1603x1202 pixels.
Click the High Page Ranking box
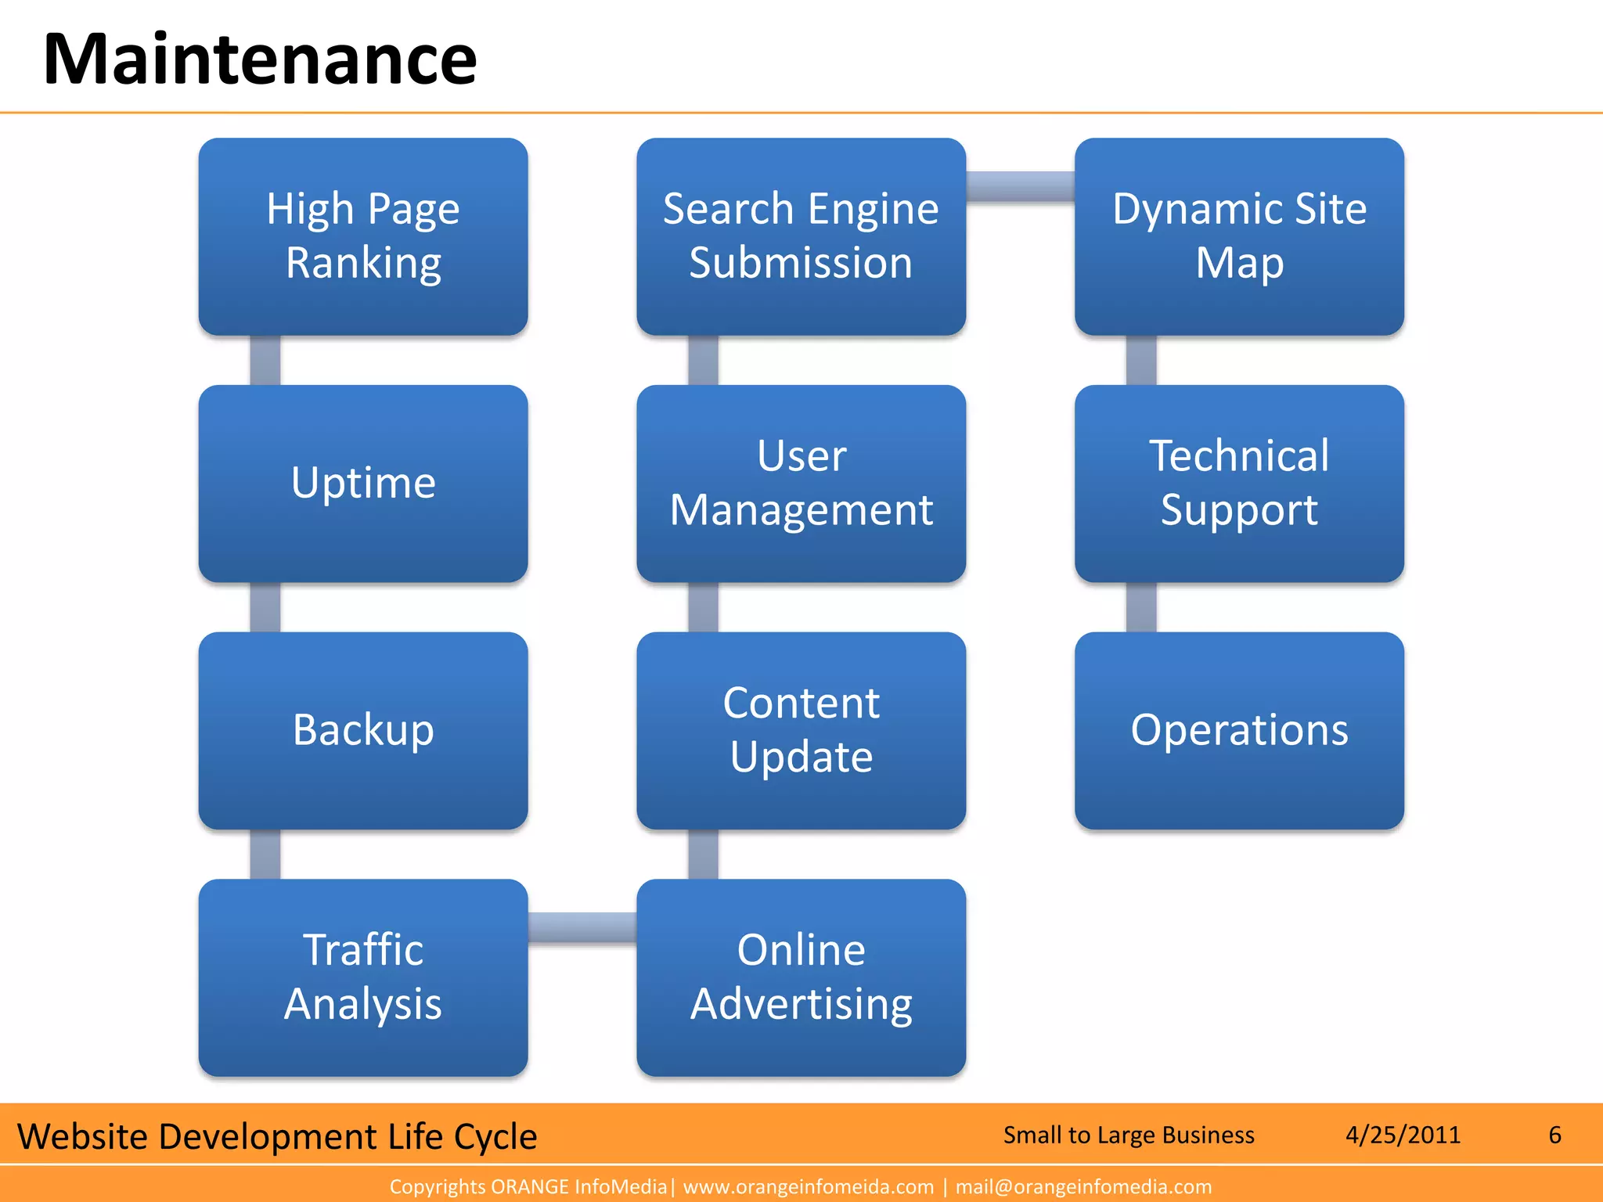pyautogui.click(x=363, y=236)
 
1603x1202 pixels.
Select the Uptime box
pyautogui.click(x=363, y=483)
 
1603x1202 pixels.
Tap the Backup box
pyautogui.click(x=363, y=730)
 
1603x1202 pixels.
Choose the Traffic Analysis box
pyautogui.click(x=363, y=977)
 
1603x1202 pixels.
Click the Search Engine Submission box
pyautogui.click(x=801, y=236)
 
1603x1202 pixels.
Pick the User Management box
pyautogui.click(x=801, y=483)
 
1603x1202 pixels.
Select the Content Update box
pyautogui.click(x=801, y=730)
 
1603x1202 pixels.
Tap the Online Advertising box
pyautogui.click(x=801, y=977)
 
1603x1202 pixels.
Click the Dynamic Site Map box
pyautogui.click(x=1239, y=236)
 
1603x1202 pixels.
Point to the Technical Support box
pyautogui.click(x=1239, y=483)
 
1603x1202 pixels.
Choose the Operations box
pyautogui.click(x=1239, y=730)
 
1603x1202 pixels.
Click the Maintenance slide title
pyautogui.click(x=260, y=59)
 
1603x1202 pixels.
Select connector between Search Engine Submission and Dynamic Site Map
pyautogui.click(x=1020, y=187)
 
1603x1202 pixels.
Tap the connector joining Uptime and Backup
pyautogui.click(x=265, y=607)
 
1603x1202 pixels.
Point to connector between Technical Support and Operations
pyautogui.click(x=1141, y=607)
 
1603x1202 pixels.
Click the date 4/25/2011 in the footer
pyautogui.click(x=1403, y=1135)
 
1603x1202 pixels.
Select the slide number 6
pyautogui.click(x=1554, y=1135)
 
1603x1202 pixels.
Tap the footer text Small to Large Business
pyautogui.click(x=1129, y=1135)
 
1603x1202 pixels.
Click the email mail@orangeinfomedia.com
pyautogui.click(x=1083, y=1187)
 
